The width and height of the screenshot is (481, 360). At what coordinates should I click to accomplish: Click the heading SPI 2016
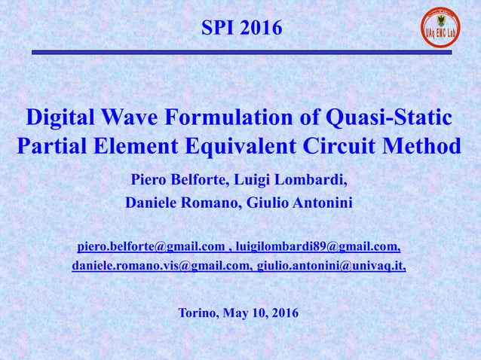point(241,29)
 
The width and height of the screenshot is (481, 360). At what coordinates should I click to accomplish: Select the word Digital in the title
point(60,118)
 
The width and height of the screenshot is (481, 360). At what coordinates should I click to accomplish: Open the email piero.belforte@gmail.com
point(151,246)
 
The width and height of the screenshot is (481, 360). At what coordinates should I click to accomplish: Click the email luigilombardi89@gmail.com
point(317,246)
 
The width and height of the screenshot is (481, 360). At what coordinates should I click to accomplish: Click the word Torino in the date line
point(198,313)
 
